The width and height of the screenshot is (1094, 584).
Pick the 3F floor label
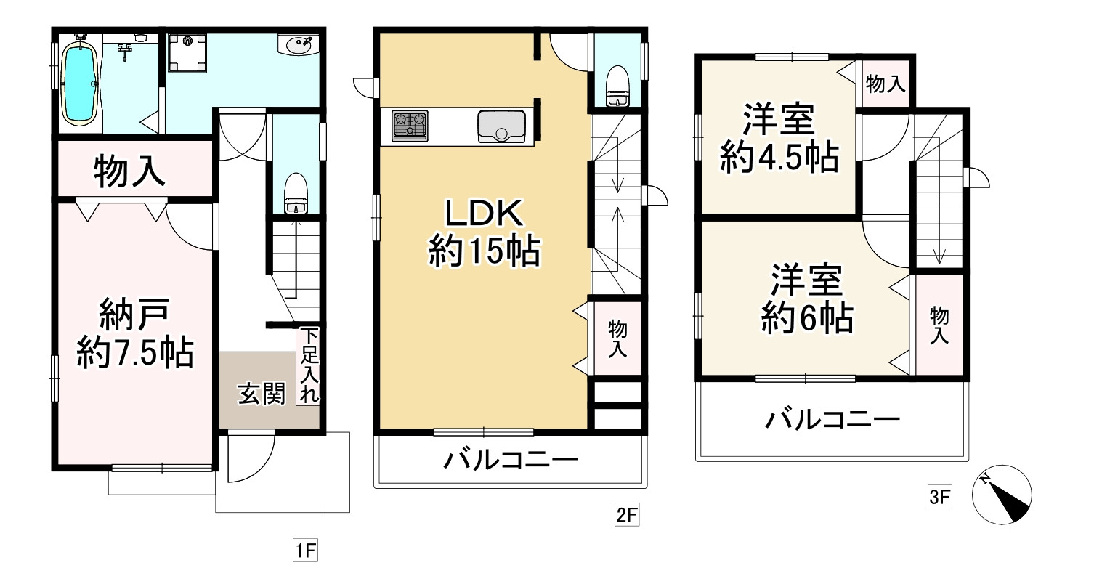939,498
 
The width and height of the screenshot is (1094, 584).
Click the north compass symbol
1002,494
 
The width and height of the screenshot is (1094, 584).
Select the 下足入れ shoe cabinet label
309,367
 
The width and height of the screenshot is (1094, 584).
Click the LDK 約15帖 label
483,232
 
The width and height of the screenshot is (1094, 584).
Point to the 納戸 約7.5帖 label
134,335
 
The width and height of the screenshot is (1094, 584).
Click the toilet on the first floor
296,192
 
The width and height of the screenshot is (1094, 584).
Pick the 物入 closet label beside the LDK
618,338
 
